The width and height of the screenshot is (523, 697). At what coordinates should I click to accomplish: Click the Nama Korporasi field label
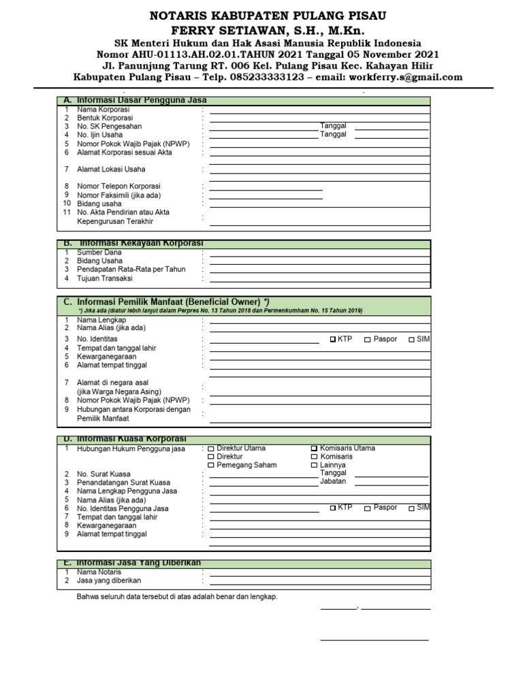(103, 110)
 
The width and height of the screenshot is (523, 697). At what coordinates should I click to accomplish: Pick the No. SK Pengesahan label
(109, 127)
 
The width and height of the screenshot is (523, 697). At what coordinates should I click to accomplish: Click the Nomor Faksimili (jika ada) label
(118, 195)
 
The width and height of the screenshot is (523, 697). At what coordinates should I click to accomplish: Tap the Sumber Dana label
(99, 253)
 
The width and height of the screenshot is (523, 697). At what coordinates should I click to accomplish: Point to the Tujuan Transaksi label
(104, 278)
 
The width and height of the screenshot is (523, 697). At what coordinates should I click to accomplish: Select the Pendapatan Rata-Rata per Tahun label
(131, 270)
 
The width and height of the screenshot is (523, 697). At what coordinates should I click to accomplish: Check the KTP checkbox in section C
(333, 339)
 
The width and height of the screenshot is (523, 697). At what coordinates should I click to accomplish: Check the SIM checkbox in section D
(411, 508)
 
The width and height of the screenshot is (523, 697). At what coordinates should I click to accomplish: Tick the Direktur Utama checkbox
(211, 449)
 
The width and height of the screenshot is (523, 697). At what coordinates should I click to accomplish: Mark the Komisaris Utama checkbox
(314, 449)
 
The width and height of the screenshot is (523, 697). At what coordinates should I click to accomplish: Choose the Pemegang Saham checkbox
(211, 466)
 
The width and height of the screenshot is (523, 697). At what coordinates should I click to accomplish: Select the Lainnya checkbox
(314, 466)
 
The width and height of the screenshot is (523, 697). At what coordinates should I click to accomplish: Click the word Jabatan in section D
(333, 481)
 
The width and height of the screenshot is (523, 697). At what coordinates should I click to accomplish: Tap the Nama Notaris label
(99, 572)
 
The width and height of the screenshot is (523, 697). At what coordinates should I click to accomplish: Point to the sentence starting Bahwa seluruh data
(177, 597)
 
